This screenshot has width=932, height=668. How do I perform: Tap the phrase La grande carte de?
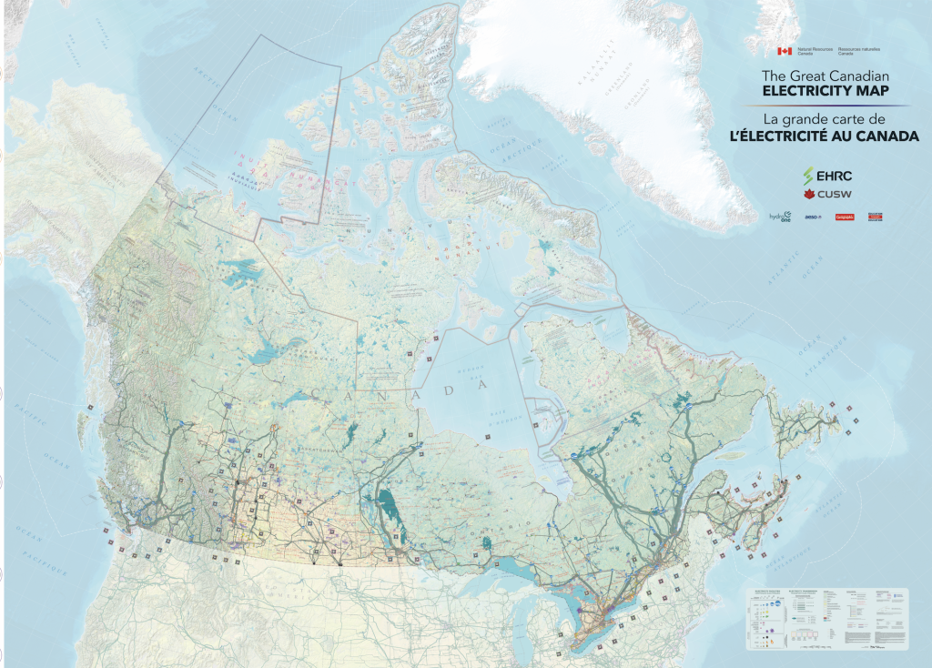[825, 119]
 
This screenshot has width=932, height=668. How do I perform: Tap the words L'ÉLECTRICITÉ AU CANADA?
[825, 136]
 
